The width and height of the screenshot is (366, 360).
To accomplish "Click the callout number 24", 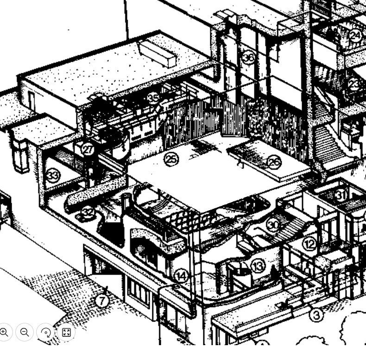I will (355, 36).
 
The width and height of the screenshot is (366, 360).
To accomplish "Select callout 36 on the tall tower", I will (249, 58).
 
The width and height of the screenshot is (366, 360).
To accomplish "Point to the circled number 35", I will (153, 98).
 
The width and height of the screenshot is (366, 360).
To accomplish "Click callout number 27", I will (88, 149).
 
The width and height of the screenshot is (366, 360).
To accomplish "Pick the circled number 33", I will (53, 175).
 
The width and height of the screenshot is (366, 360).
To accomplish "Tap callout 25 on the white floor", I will (171, 159).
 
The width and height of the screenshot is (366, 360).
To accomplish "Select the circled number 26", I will (274, 162).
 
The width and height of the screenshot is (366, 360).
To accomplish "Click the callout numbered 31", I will (341, 195).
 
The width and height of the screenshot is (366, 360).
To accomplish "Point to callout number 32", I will (88, 212).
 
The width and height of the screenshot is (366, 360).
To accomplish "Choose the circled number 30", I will (273, 225).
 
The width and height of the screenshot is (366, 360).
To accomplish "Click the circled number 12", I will (309, 243).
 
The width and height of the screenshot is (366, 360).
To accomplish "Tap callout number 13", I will (258, 266).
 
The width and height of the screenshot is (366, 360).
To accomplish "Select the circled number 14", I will (181, 276).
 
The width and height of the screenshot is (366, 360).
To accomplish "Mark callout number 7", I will (102, 301).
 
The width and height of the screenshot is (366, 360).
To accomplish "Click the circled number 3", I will (316, 315).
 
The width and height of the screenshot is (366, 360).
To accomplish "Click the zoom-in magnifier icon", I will (5, 332).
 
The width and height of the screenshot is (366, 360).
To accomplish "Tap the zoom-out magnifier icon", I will (25, 332).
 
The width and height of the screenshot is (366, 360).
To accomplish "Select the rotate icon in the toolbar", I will (45, 332).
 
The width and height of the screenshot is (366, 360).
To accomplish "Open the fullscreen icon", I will (66, 332).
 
